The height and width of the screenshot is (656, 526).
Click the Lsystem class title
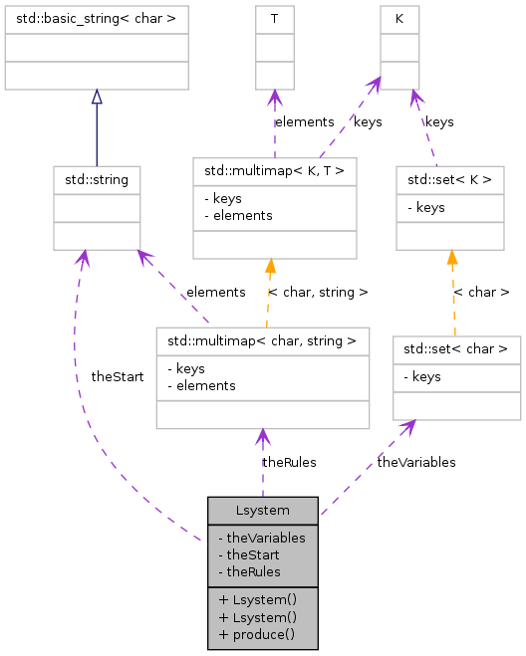[x=263, y=510]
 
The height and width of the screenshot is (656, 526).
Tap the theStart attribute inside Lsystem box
[x=252, y=554]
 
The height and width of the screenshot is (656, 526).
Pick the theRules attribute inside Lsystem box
[x=252, y=571]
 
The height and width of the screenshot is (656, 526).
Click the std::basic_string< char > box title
[x=97, y=18]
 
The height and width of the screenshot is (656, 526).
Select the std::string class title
[x=97, y=180]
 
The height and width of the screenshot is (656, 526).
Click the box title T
[x=275, y=18]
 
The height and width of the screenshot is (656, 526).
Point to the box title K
[x=399, y=18]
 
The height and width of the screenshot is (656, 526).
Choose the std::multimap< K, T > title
[x=274, y=171]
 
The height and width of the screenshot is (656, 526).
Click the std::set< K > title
[x=450, y=180]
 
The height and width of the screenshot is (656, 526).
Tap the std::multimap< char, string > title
[x=262, y=341]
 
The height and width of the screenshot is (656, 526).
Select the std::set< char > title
[x=456, y=349]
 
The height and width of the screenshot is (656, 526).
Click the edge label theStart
[x=118, y=377]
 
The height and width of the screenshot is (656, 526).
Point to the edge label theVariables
[x=416, y=462]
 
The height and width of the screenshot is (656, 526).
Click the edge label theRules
[x=289, y=462]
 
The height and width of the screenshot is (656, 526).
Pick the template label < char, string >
[x=318, y=293]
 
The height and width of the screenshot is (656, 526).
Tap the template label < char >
[x=481, y=293]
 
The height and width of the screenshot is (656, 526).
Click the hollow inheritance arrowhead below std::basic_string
[x=97, y=97]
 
